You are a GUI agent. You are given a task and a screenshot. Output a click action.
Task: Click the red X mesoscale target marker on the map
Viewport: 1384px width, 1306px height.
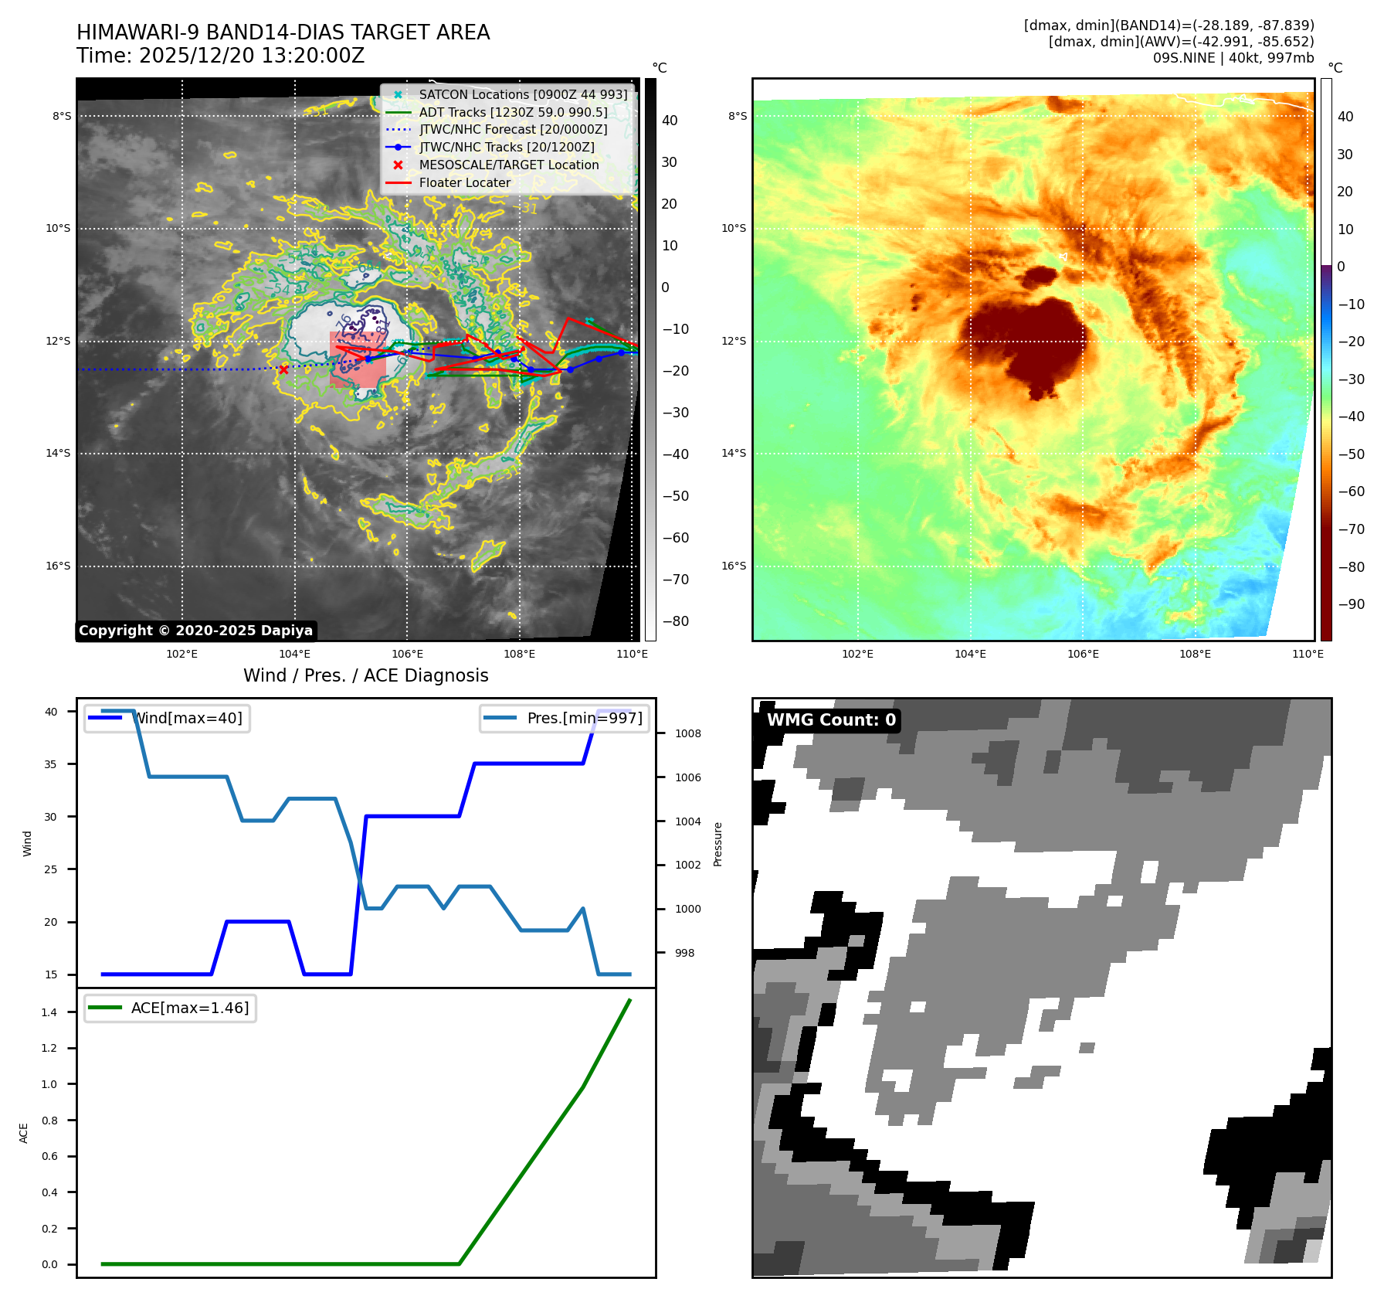click(x=283, y=369)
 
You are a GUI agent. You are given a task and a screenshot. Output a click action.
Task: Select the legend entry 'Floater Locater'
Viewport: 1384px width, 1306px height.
click(x=464, y=182)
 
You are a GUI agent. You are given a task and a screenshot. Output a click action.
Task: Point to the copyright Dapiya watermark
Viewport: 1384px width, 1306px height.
click(x=195, y=631)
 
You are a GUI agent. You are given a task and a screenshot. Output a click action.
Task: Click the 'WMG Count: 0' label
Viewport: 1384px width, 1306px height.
click(x=831, y=720)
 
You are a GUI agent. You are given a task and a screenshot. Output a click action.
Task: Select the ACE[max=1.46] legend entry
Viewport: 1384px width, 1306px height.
click(x=189, y=1008)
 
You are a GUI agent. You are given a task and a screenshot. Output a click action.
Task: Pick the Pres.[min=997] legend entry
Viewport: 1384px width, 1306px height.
click(x=584, y=718)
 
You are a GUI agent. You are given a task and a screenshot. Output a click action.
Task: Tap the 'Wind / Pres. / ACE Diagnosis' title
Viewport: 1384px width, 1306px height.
click(x=365, y=675)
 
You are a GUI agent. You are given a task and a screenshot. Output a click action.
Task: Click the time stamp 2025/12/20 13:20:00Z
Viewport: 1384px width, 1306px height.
click(x=220, y=56)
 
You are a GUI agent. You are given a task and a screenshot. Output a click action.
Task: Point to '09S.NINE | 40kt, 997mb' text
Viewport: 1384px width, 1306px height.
click(x=1233, y=58)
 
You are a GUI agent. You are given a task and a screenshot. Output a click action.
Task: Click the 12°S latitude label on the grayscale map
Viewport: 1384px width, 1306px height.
click(x=58, y=341)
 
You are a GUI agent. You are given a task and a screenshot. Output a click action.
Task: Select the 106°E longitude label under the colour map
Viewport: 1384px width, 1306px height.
click(x=1083, y=654)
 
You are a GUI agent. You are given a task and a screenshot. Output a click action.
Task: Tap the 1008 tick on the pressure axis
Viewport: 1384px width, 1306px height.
click(x=687, y=733)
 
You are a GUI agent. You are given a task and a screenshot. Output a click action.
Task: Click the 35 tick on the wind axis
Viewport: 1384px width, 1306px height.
click(x=51, y=764)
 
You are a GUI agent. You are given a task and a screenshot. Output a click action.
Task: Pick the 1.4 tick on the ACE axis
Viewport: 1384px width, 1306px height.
click(x=49, y=1012)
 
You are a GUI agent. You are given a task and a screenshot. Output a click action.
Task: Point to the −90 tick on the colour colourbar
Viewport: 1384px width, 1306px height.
click(x=1351, y=604)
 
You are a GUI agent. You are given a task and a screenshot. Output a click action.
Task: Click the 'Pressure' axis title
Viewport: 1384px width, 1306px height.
click(x=717, y=844)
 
